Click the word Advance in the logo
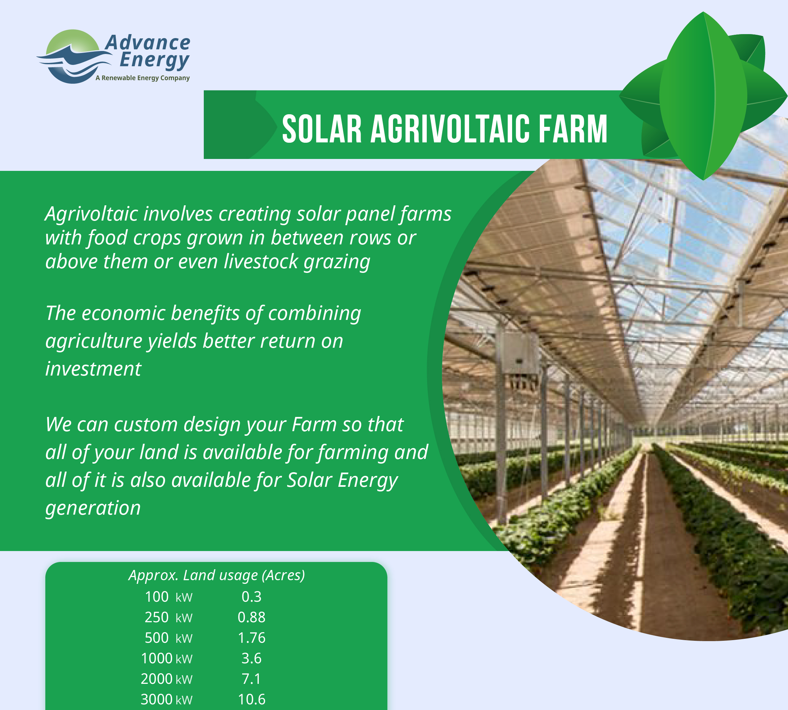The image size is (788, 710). click(148, 43)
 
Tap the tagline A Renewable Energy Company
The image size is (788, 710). click(143, 78)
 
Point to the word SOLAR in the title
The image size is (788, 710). click(322, 129)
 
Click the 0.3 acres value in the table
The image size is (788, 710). click(251, 597)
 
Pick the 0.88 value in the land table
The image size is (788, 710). click(251, 618)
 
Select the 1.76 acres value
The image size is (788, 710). click(251, 638)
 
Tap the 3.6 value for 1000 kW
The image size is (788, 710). click(251, 659)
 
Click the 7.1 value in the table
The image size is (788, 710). click(251, 679)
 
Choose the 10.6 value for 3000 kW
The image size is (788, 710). click(251, 699)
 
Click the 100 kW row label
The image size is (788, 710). click(168, 597)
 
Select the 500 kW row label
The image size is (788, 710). click(168, 638)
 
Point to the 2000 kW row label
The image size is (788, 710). click(166, 679)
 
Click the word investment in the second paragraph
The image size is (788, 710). click(93, 369)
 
